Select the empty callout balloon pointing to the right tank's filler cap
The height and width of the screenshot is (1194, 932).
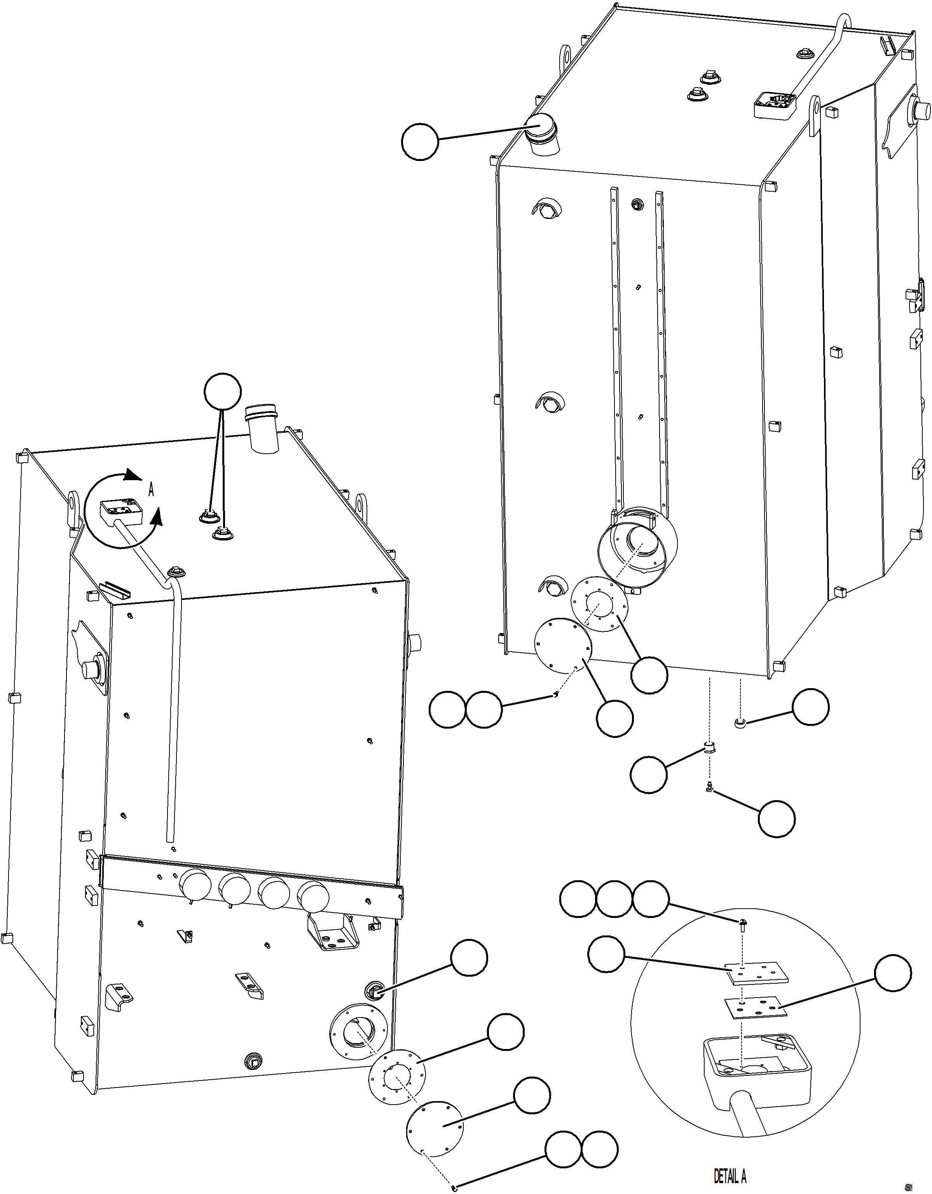420,142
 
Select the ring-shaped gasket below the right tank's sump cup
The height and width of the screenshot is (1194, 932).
599,605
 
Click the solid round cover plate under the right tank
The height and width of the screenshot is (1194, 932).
563,645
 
